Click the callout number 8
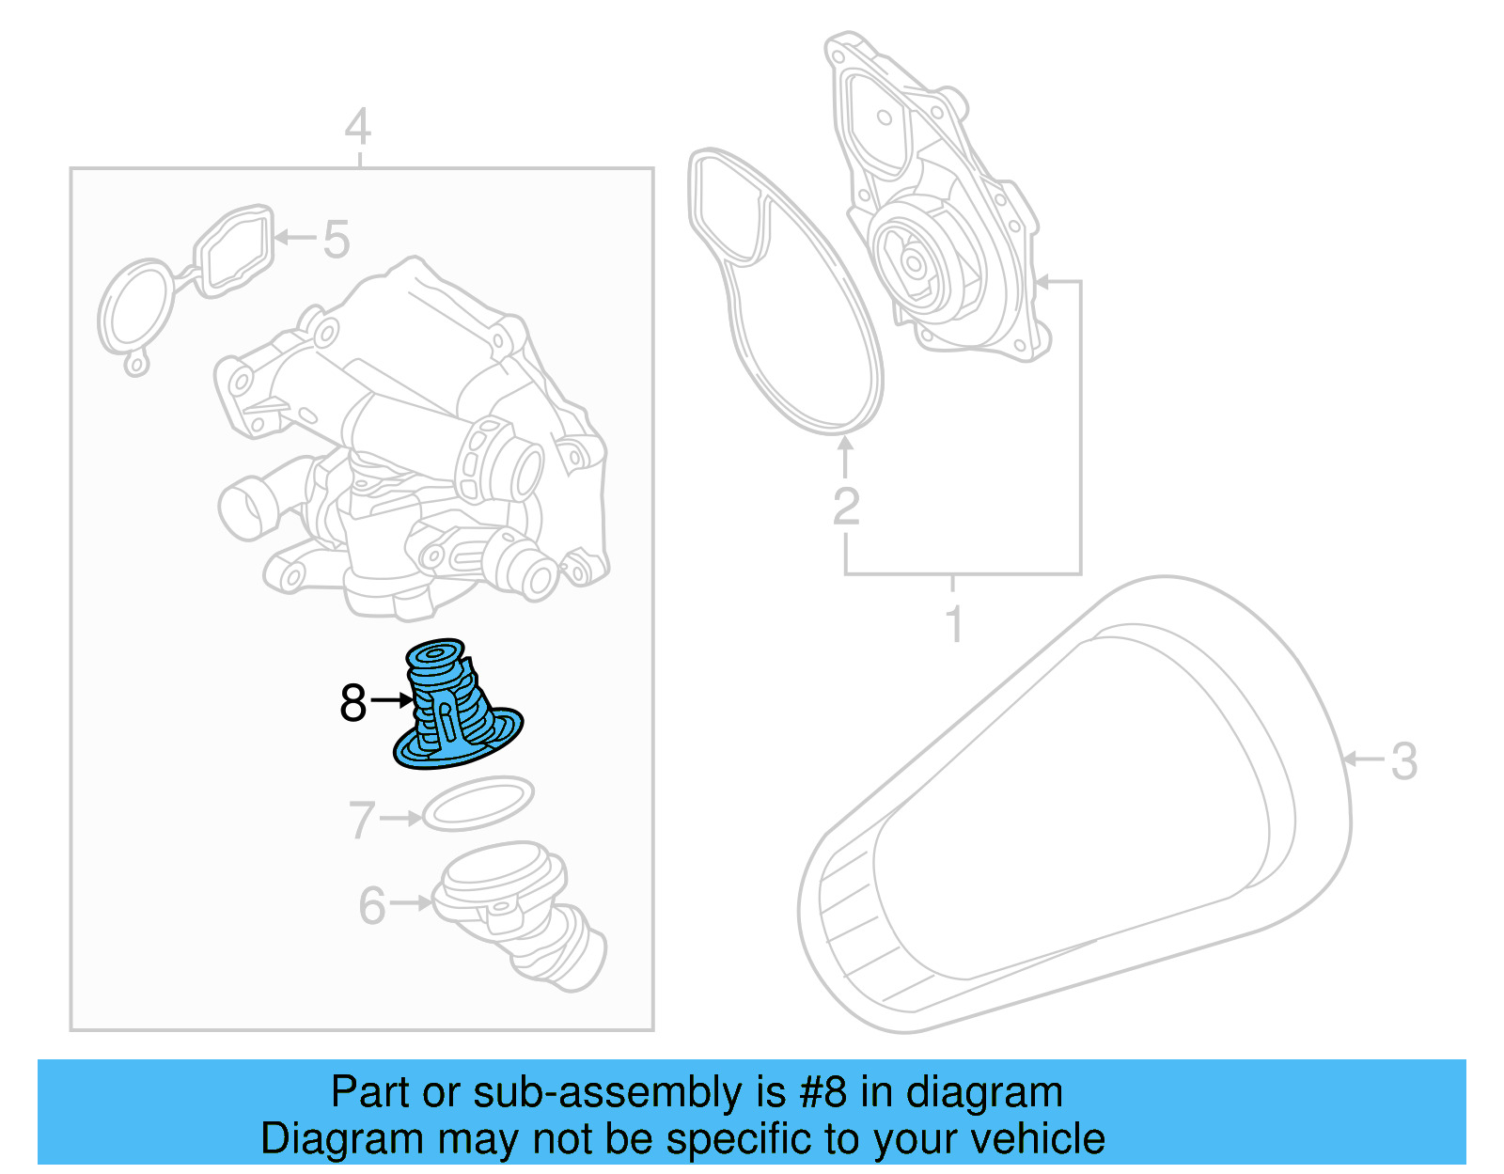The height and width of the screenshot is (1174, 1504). point(352,702)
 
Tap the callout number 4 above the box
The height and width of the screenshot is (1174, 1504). point(357,128)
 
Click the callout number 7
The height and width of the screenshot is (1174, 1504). point(362,820)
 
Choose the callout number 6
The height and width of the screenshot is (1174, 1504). point(372,905)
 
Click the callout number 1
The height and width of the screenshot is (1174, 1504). point(954,623)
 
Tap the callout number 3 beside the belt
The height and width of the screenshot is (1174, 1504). point(1403,761)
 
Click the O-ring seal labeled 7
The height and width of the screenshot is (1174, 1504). point(478,803)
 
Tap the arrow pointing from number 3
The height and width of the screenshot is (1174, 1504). point(1363,759)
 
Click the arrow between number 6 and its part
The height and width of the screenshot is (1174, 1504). point(411,903)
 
